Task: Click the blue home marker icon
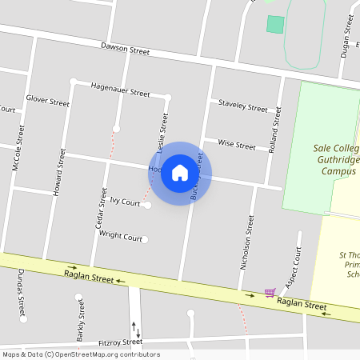pos(180,173)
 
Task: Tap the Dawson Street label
pos(125,49)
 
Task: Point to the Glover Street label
pos(47,102)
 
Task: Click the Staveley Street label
pos(243,106)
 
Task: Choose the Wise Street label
pos(236,146)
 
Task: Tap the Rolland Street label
pos(277,129)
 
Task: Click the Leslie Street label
pos(164,133)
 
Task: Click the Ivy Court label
pos(125,202)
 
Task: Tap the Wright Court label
pos(120,238)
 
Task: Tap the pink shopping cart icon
pos(270,293)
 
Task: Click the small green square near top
pos(275,24)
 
